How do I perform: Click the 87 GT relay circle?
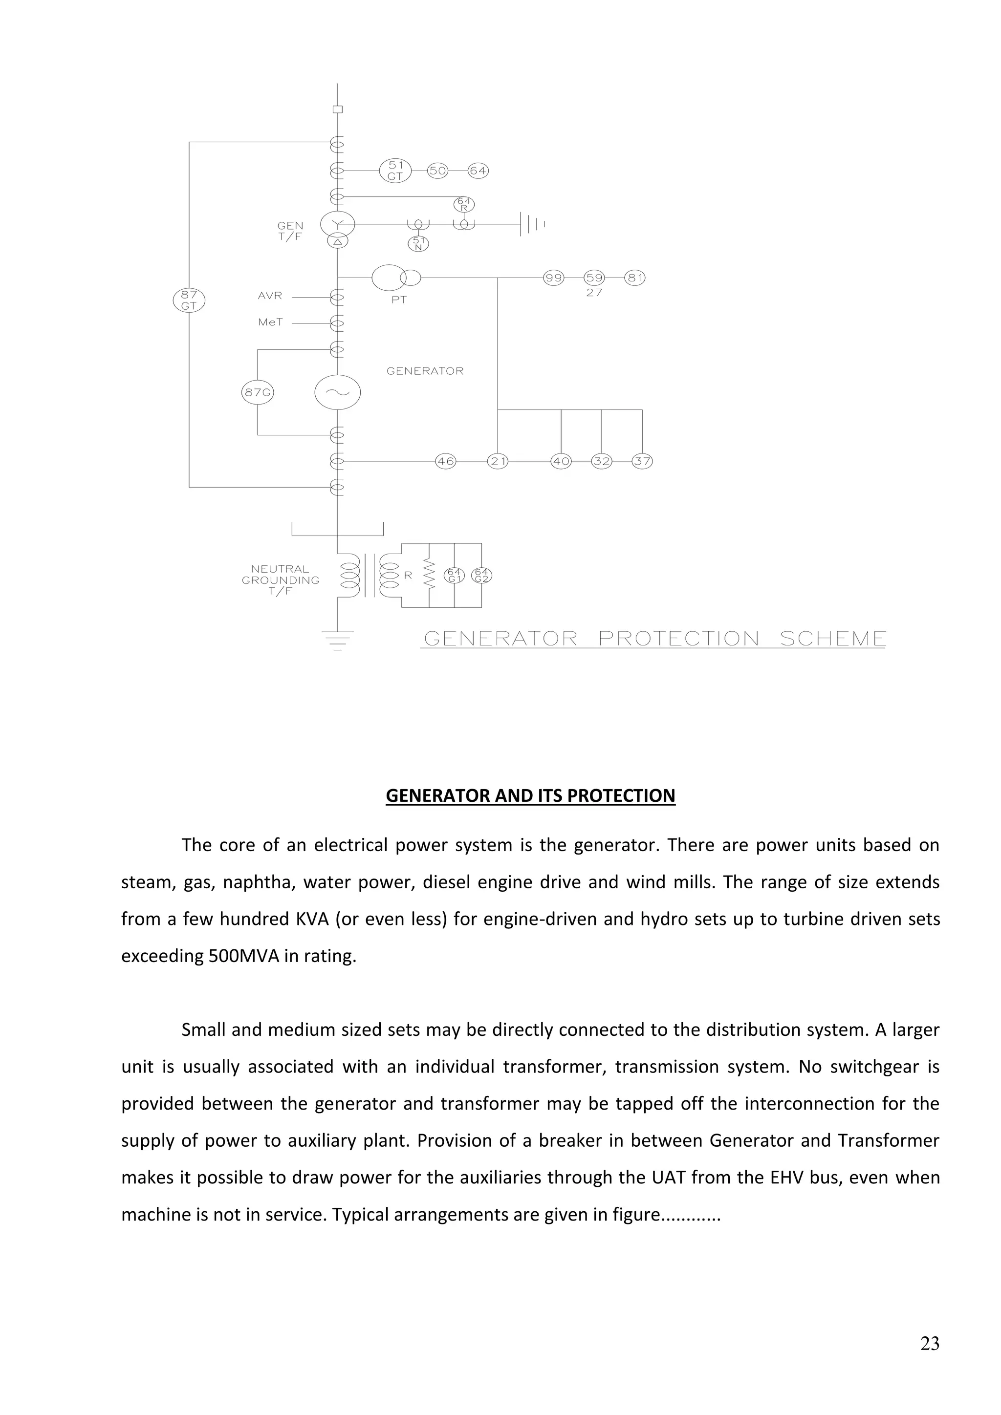[x=189, y=300]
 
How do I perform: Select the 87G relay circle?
[x=257, y=392]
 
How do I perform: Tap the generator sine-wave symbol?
[x=337, y=392]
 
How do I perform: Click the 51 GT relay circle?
[x=395, y=171]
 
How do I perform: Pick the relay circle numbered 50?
[x=437, y=171]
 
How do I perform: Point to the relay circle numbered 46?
[x=446, y=461]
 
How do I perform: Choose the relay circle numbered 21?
[x=498, y=461]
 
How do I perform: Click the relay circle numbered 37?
[x=642, y=461]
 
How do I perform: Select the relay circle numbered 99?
[x=553, y=278]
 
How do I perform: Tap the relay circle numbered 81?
[x=635, y=278]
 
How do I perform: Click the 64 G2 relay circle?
[x=481, y=576]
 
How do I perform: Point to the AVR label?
[x=270, y=296]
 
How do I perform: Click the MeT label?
[x=271, y=322]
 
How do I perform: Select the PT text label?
[x=399, y=300]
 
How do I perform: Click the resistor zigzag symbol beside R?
[x=430, y=576]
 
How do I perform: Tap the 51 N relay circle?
[x=418, y=244]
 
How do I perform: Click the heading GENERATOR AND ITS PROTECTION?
[x=530, y=795]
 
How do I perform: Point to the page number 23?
[x=930, y=1344]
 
